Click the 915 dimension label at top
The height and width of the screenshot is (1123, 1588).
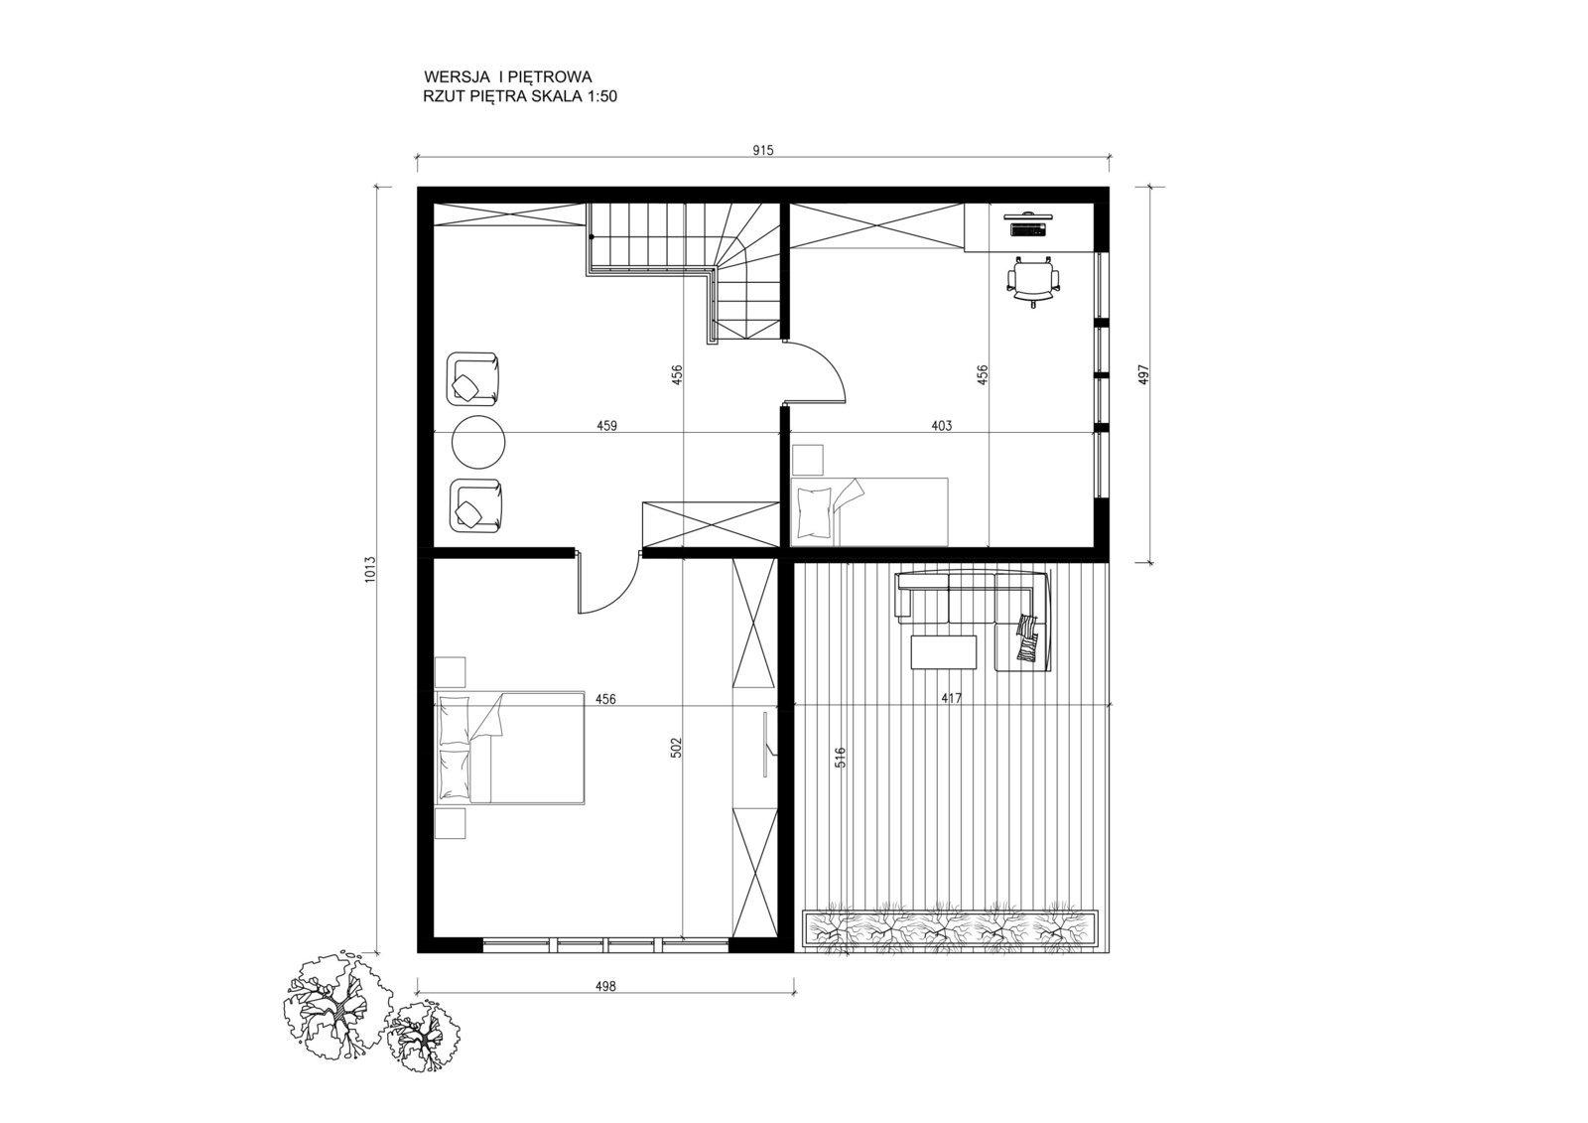pos(763,150)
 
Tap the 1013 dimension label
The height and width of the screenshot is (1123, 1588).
pos(370,569)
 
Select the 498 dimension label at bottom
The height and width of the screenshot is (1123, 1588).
pos(605,986)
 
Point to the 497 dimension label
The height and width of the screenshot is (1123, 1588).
pos(1142,375)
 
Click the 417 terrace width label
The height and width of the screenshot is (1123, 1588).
pos(952,699)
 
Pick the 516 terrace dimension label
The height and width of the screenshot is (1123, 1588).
pos(841,759)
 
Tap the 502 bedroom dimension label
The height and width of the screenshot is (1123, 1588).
pos(676,749)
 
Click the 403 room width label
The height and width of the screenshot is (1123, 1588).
pos(942,426)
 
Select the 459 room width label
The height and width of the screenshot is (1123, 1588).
pos(606,426)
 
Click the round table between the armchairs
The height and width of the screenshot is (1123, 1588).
pos(478,442)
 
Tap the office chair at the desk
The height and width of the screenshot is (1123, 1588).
pos(1034,282)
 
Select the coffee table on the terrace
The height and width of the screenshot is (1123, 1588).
pos(944,652)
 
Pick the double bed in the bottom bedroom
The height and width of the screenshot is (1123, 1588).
pos(510,748)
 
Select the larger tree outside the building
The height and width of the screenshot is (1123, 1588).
pos(336,999)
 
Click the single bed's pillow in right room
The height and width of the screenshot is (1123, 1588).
pos(814,512)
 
